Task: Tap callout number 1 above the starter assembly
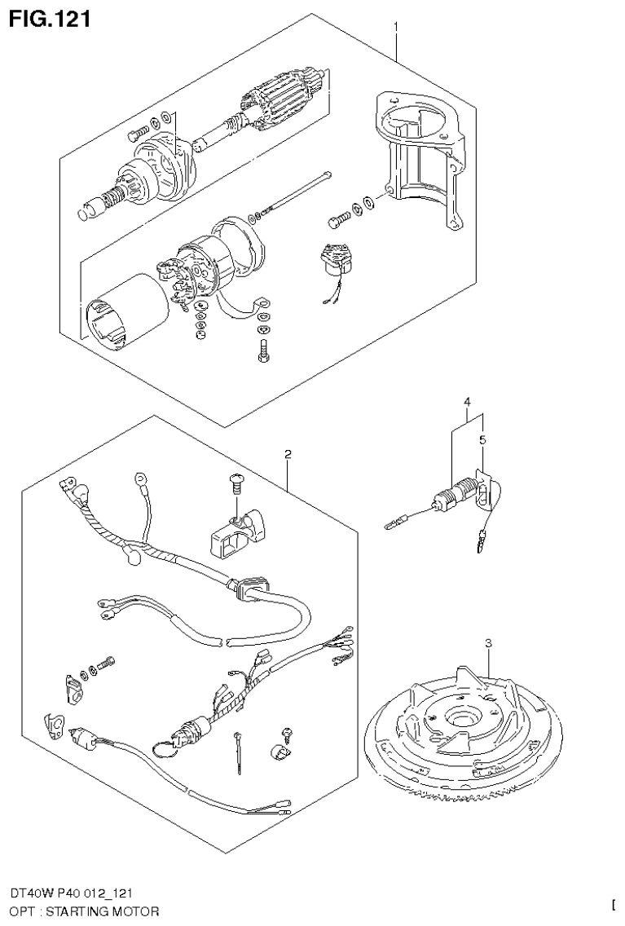click(x=396, y=27)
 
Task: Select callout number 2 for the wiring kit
click(x=288, y=454)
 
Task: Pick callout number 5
click(x=482, y=441)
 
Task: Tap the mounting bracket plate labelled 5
click(x=484, y=492)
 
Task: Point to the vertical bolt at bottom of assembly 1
click(x=262, y=351)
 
